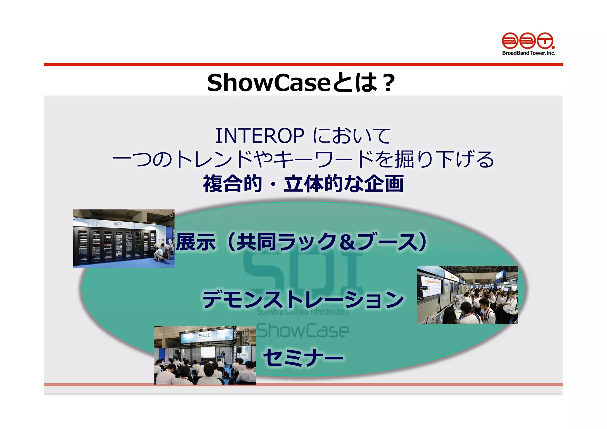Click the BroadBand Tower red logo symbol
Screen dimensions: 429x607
pos(528,41)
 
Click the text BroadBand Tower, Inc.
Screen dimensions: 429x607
pos(528,53)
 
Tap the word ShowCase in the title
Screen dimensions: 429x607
pos(268,83)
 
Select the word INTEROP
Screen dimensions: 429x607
pos(260,136)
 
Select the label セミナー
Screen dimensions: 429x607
pos(303,357)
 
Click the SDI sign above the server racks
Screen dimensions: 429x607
pos(118,224)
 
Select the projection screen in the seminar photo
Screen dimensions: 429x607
pos(208,352)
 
